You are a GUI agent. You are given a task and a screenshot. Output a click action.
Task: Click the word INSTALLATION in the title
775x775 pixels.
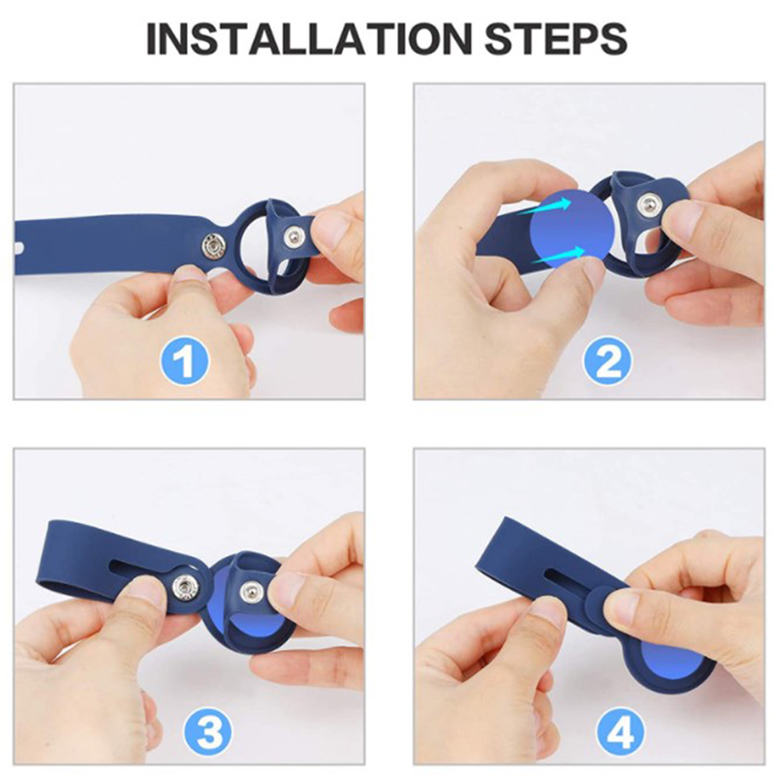[x=306, y=38]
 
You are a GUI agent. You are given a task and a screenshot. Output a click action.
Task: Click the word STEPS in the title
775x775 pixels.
[x=555, y=38]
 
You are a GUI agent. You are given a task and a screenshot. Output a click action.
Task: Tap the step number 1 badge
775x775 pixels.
[x=184, y=361]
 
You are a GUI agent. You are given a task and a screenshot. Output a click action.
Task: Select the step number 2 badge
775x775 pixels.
[x=607, y=361]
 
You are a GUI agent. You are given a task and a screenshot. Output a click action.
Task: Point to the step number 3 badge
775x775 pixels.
[x=207, y=731]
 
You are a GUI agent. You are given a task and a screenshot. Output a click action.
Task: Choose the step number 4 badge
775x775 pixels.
[x=620, y=731]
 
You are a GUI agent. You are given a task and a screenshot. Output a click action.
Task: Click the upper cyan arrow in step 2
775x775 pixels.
[x=544, y=206]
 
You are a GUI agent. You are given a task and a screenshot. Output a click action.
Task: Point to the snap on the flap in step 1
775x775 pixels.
[x=293, y=237]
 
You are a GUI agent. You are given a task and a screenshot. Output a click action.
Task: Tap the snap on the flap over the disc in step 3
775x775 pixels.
[x=250, y=591]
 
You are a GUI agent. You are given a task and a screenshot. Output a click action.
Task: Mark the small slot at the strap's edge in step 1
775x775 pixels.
[x=20, y=246]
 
